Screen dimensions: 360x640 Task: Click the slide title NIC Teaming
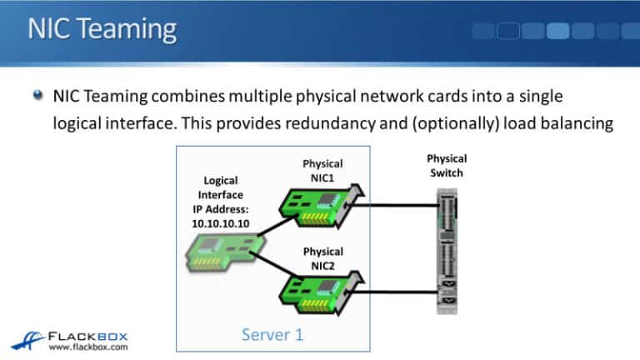[102, 29]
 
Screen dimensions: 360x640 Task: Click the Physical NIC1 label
[323, 170]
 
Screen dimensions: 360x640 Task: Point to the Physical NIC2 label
[323, 257]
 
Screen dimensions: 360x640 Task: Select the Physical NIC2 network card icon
[317, 291]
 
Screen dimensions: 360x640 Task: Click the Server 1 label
[272, 335]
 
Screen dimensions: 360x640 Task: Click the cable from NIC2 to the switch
[400, 292]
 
